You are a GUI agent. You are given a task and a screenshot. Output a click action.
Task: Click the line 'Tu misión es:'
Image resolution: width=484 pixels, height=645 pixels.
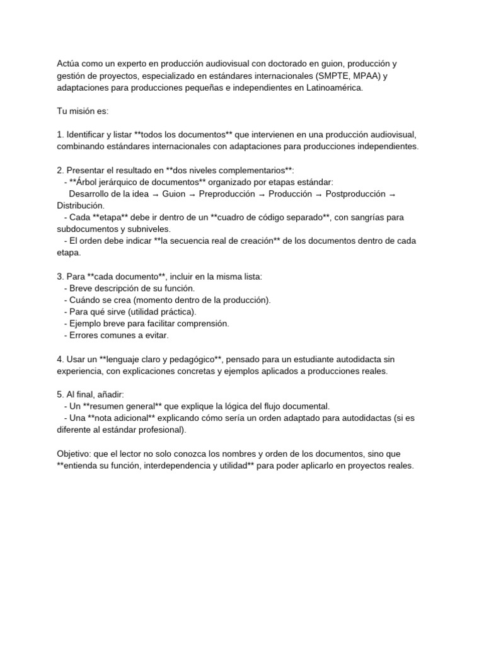click(x=83, y=111)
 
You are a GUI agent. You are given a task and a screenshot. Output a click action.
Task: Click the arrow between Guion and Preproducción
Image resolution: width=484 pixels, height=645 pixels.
click(x=192, y=194)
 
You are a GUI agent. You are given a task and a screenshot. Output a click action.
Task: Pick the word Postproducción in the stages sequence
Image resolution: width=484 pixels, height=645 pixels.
click(x=354, y=194)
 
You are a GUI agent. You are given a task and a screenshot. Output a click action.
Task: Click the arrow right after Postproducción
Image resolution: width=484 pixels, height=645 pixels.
click(x=393, y=194)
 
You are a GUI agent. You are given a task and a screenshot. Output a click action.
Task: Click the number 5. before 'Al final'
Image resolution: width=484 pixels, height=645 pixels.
click(x=60, y=394)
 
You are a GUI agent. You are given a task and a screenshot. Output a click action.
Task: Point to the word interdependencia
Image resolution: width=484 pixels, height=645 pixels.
click(x=184, y=465)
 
